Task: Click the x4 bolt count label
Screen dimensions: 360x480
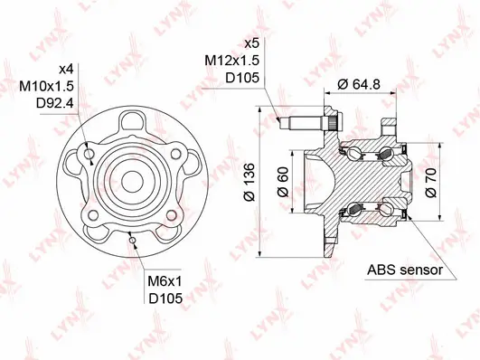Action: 64,70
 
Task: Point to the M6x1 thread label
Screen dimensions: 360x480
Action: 164,282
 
